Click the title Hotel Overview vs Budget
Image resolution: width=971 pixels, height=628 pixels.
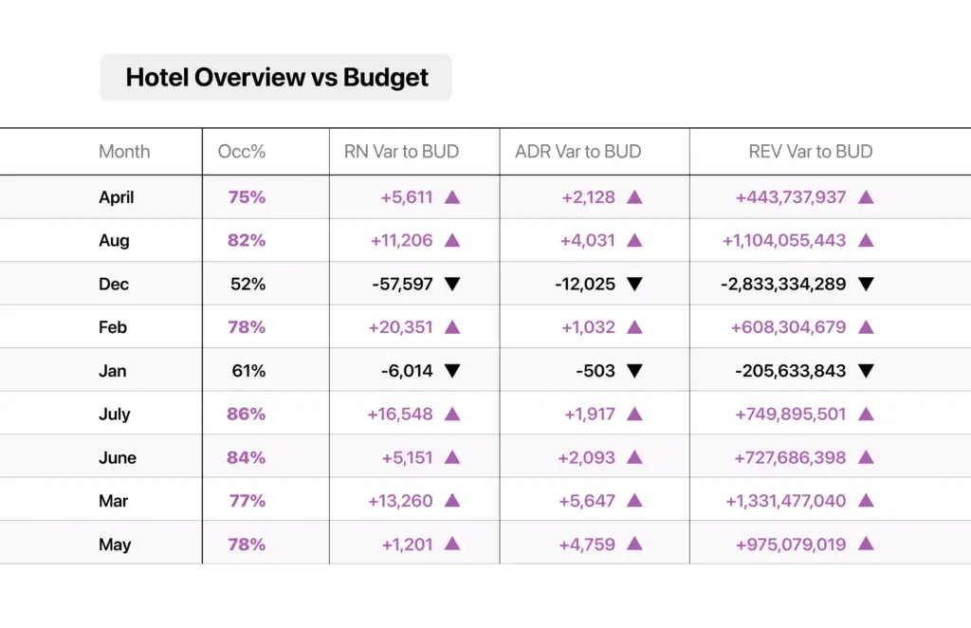(x=277, y=78)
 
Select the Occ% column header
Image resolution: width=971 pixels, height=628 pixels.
(x=242, y=152)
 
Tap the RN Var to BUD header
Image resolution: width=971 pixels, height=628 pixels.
(x=401, y=152)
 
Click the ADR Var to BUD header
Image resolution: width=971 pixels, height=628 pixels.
(x=577, y=152)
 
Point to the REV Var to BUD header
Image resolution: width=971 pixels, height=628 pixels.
(x=811, y=152)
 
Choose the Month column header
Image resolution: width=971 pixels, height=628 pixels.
(x=124, y=152)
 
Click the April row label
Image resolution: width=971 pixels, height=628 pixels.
(x=117, y=197)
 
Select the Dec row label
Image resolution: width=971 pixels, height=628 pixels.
(x=114, y=285)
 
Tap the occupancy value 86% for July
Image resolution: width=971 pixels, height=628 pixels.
(x=246, y=414)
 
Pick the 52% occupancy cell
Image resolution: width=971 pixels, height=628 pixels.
(x=247, y=285)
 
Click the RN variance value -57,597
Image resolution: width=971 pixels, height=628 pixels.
(x=402, y=285)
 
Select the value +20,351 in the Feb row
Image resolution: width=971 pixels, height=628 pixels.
(x=401, y=327)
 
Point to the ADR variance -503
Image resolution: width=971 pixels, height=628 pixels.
(x=595, y=371)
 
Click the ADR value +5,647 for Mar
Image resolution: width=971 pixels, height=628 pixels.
(x=587, y=501)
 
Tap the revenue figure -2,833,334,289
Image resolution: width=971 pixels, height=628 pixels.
(x=783, y=285)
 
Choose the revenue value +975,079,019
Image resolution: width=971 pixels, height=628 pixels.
(x=791, y=545)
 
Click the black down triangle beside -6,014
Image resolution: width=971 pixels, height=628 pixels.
(x=452, y=371)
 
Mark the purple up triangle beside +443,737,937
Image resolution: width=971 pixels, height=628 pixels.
(x=867, y=197)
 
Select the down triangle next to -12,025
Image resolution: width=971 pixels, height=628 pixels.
(x=634, y=285)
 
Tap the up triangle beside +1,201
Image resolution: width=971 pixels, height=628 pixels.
(x=452, y=544)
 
